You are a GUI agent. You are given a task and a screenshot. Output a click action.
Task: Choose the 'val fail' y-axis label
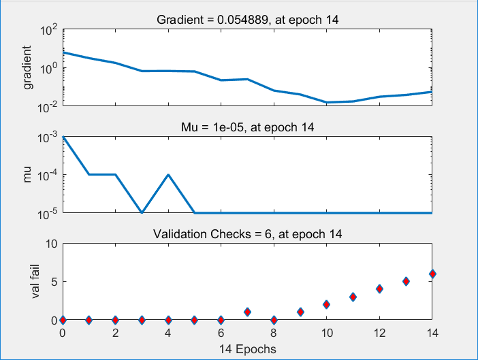(x=28, y=282)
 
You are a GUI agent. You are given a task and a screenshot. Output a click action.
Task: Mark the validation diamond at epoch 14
(x=432, y=274)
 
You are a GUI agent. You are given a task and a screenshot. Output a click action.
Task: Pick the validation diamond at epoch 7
(x=247, y=312)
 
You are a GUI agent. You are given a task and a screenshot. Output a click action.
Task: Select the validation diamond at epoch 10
(x=326, y=304)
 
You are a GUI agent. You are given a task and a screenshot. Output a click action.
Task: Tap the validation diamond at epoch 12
(x=379, y=289)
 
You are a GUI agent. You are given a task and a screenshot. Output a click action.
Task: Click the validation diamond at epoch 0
(x=63, y=319)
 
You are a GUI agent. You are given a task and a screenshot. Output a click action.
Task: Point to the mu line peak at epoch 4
(x=168, y=175)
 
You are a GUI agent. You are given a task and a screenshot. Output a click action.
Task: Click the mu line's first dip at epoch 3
(x=142, y=213)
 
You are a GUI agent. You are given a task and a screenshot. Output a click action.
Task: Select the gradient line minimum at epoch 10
(x=326, y=102)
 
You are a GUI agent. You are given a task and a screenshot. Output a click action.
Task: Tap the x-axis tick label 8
(x=274, y=333)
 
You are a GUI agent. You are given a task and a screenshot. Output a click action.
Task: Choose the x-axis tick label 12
(x=379, y=333)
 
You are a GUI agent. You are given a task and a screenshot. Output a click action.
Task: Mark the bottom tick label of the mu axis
(x=48, y=213)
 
